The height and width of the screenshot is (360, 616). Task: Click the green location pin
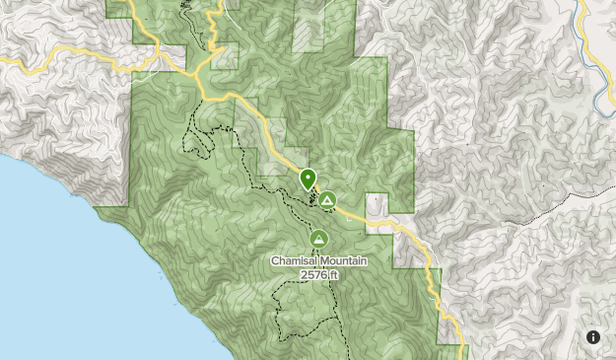(x=308, y=180)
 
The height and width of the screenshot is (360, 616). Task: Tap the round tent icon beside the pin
(x=327, y=200)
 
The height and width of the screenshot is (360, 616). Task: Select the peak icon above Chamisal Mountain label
(x=318, y=239)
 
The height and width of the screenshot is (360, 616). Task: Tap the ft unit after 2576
(x=334, y=275)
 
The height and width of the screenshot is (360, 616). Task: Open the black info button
(x=593, y=337)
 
